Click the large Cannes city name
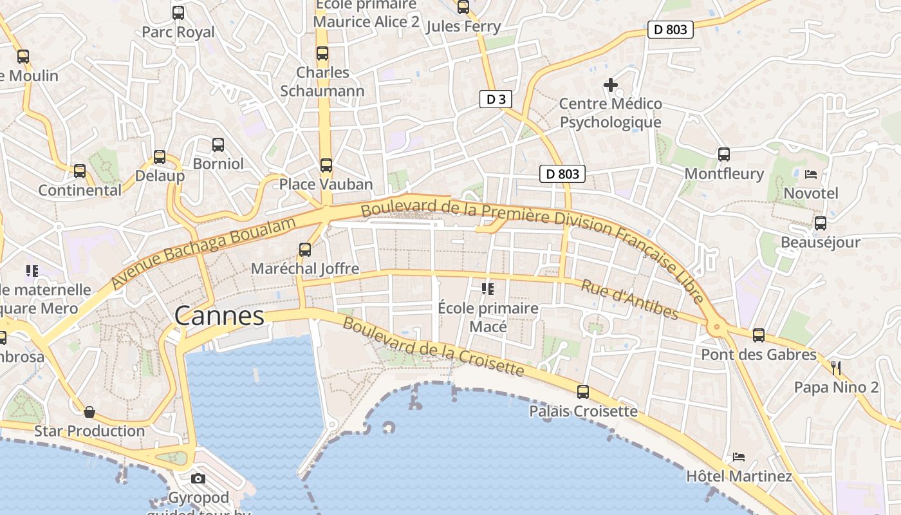click(x=219, y=316)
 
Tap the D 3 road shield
click(x=496, y=99)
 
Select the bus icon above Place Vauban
click(x=326, y=165)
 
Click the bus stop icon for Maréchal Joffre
click(x=305, y=250)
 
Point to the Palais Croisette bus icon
click(x=583, y=391)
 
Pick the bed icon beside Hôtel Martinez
click(x=739, y=457)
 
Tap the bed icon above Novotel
click(x=811, y=174)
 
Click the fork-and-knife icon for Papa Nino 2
click(x=836, y=368)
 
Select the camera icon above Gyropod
click(x=198, y=478)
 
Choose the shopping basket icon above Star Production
click(x=89, y=411)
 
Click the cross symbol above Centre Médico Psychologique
click(x=610, y=84)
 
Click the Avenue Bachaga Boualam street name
click(x=203, y=253)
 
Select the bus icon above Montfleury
click(x=724, y=154)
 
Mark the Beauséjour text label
click(x=820, y=243)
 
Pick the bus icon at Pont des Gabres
click(x=759, y=335)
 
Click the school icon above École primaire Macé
click(x=488, y=289)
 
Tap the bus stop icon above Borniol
click(x=218, y=145)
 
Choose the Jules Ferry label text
click(x=463, y=26)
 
